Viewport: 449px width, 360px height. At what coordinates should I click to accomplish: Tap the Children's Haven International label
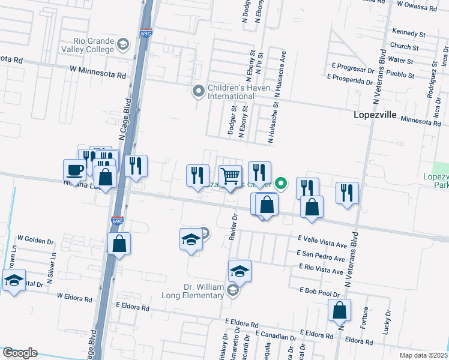231,92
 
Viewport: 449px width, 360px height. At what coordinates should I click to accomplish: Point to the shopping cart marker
231,176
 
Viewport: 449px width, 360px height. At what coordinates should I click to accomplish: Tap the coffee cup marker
75,170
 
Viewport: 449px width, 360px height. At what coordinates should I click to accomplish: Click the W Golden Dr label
36,241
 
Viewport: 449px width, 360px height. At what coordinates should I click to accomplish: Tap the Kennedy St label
408,31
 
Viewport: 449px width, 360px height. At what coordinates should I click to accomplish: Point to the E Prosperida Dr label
354,79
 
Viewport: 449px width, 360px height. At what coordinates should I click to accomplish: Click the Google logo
20,353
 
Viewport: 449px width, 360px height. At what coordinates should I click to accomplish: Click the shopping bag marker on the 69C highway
119,244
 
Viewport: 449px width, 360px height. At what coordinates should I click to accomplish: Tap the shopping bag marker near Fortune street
339,310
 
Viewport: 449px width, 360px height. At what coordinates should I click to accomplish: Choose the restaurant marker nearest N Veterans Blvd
347,193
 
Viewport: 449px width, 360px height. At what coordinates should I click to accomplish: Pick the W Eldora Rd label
77,295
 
